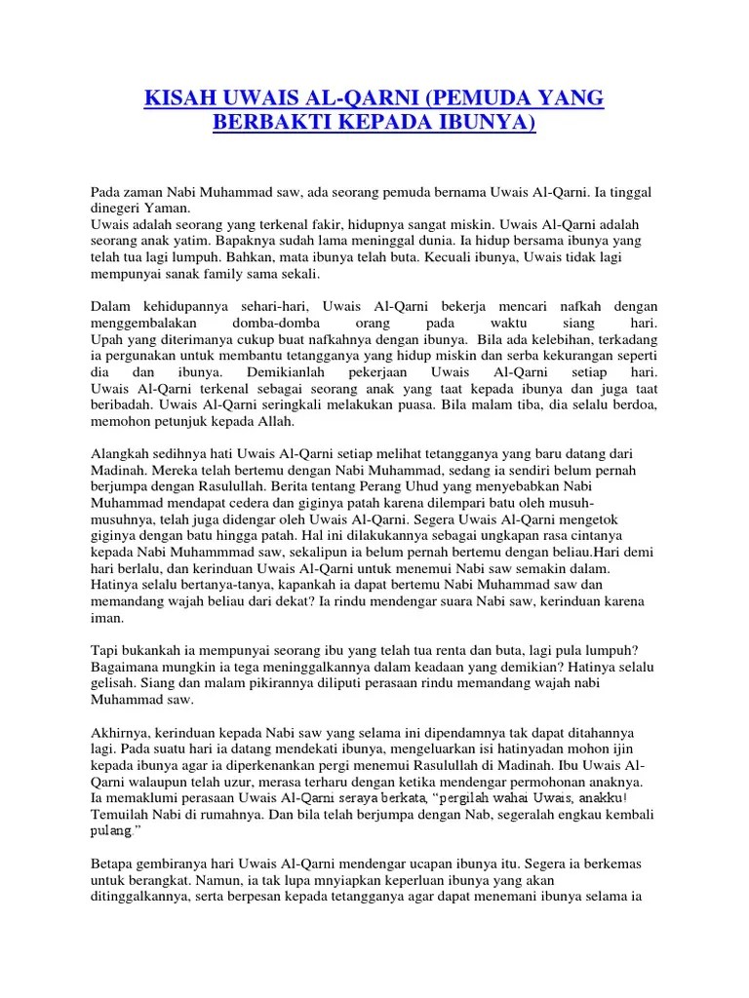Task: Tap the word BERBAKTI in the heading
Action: pyautogui.click(x=275, y=125)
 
